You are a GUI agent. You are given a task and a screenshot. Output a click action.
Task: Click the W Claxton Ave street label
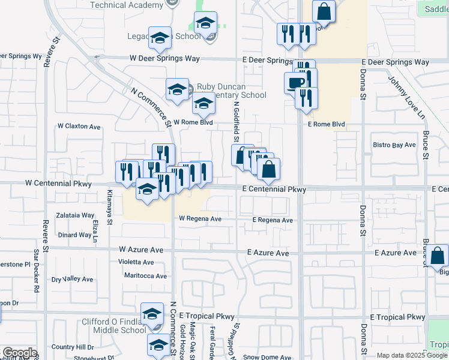coord(79,127)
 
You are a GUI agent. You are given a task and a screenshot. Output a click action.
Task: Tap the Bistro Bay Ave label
coord(394,145)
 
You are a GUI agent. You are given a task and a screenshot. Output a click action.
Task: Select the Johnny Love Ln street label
coord(398,97)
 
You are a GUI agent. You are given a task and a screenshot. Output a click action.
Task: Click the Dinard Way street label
coord(75,235)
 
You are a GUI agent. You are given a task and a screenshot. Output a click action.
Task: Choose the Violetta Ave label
coord(136,262)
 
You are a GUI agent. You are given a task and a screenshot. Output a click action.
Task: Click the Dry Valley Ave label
coord(72,279)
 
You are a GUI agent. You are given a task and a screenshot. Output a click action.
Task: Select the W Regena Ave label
coord(200,219)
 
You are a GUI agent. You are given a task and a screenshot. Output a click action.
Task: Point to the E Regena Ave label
coord(273,220)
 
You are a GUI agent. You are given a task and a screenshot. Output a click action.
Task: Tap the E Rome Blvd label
coord(326,124)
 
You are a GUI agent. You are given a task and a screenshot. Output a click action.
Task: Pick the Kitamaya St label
coord(110,207)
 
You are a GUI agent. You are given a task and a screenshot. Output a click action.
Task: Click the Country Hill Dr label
coord(73,347)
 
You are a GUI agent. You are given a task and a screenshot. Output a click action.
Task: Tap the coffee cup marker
coord(296,83)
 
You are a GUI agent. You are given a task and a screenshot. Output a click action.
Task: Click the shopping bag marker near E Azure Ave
coord(439,256)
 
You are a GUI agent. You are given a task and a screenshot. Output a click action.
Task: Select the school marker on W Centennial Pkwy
coord(146,189)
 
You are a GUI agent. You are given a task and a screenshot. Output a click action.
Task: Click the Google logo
coord(19,353)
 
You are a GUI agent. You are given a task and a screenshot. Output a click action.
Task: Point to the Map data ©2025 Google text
coord(412,356)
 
